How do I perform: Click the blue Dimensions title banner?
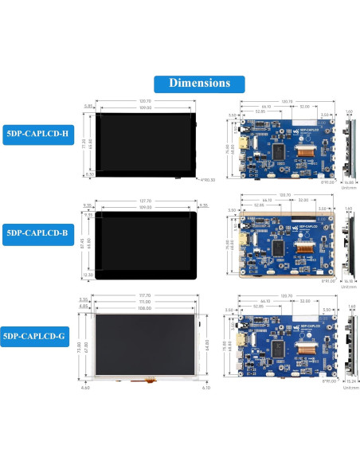(199, 83)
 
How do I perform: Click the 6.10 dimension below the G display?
(205, 388)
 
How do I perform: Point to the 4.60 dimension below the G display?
(85, 388)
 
